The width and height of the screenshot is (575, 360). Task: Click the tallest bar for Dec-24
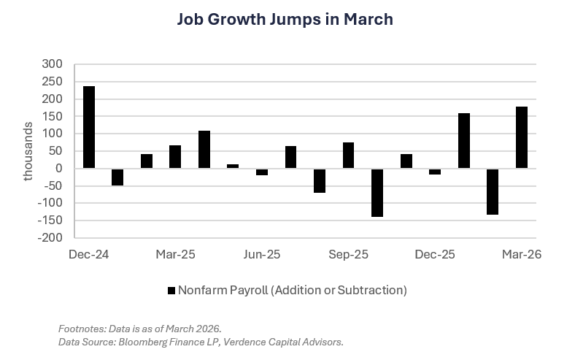click(x=89, y=127)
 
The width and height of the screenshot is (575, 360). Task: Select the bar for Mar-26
click(x=521, y=137)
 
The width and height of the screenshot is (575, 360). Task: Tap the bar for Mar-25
click(x=175, y=157)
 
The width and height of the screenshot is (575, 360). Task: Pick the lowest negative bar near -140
click(x=377, y=193)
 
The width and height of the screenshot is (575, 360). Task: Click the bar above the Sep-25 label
click(x=348, y=156)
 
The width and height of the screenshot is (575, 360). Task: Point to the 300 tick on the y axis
click(x=63, y=64)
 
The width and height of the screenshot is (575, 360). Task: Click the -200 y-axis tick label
click(x=60, y=238)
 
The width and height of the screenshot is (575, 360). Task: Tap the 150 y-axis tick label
click(x=63, y=117)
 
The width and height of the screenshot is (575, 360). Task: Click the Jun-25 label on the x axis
click(x=261, y=255)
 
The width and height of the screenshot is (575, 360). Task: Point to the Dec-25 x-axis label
click(x=435, y=255)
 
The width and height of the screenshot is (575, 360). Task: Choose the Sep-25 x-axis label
click(x=348, y=255)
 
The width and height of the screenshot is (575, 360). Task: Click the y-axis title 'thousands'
click(x=28, y=151)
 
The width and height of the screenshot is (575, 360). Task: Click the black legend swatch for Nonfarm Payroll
click(x=173, y=291)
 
